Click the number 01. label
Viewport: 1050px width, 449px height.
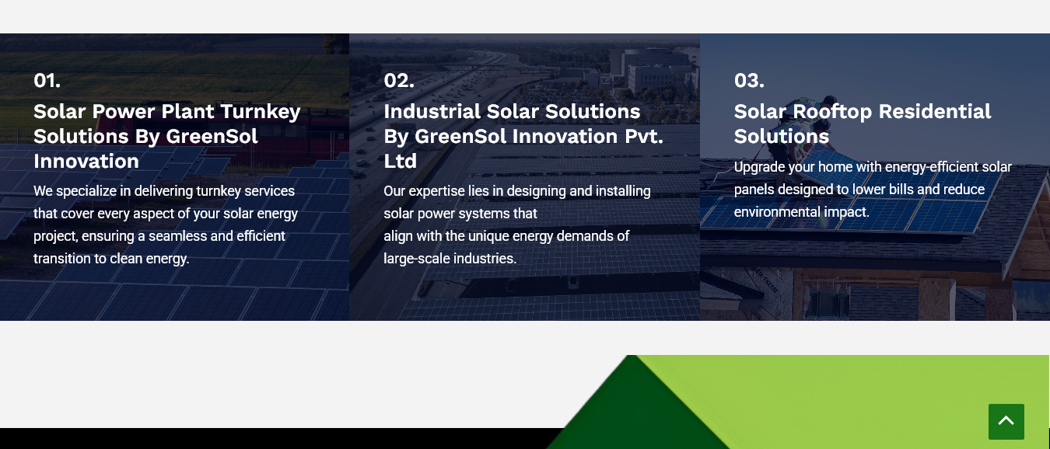(x=47, y=81)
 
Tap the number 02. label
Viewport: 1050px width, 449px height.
(x=399, y=81)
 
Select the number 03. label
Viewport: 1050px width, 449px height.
(x=749, y=81)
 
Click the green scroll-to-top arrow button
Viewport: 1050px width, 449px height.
(x=1006, y=421)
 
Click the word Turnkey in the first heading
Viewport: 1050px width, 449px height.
(x=260, y=112)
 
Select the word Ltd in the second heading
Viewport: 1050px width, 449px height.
(x=400, y=161)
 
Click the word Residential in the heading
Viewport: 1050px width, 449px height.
(x=935, y=111)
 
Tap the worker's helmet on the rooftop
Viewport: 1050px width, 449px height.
(x=829, y=101)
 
